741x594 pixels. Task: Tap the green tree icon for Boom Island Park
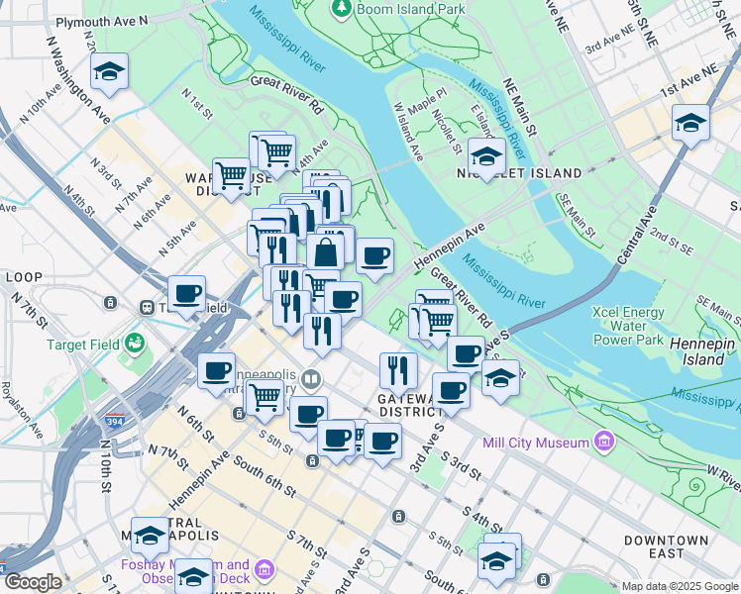coord(342,8)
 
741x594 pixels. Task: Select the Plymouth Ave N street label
coord(102,20)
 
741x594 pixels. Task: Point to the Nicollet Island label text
coord(505,173)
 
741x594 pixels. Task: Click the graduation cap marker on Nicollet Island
coord(485,155)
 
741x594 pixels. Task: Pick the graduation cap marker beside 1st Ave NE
coord(690,124)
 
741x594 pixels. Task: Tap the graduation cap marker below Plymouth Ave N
coord(109,72)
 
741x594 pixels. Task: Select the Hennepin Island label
coord(704,350)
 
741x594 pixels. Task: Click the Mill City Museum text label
coord(535,443)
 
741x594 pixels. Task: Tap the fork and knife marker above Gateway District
coord(397,370)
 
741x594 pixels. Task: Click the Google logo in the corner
coord(32,582)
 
